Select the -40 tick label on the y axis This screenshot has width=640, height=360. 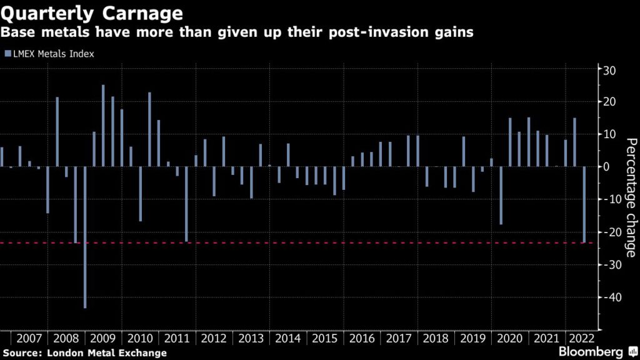pos(607,297)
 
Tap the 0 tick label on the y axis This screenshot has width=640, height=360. pos(606,167)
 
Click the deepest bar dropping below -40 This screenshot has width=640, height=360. pos(85,237)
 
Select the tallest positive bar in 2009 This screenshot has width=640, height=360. pos(103,126)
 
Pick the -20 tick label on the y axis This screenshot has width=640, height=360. pos(607,232)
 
